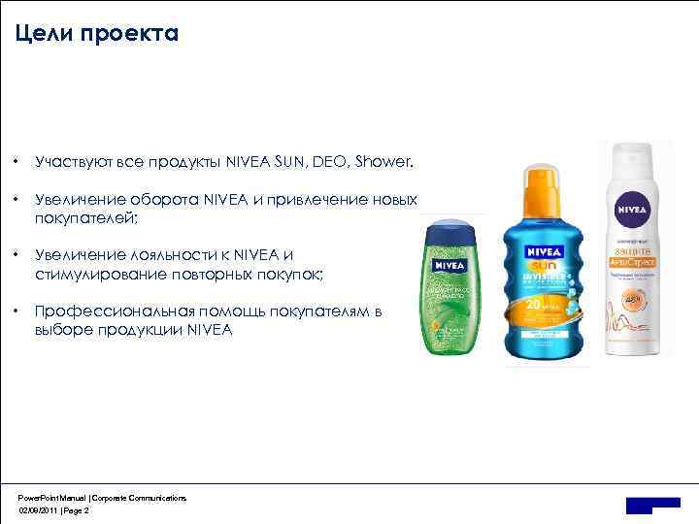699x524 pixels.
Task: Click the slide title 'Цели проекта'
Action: click(x=97, y=35)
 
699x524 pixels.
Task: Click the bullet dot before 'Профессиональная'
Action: click(x=18, y=311)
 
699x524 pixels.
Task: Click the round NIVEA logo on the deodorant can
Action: click(x=630, y=207)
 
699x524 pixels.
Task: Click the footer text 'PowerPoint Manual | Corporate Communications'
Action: click(x=102, y=497)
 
